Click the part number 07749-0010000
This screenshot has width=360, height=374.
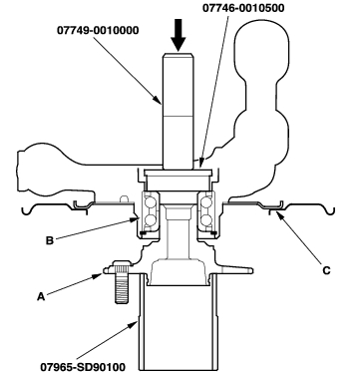click(98, 31)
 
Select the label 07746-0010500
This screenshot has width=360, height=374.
click(243, 8)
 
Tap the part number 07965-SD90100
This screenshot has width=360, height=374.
click(83, 367)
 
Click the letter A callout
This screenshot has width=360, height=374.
click(41, 296)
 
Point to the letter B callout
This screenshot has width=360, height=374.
click(50, 240)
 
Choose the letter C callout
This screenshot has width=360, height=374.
click(327, 270)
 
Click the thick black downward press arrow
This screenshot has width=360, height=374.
click(179, 35)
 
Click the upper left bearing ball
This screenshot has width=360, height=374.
click(150, 201)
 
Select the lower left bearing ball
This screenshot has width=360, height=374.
click(150, 219)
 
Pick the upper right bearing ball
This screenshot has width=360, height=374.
click(206, 201)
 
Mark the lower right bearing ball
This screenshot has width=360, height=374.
click(206, 219)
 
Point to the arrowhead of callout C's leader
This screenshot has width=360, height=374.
click(277, 213)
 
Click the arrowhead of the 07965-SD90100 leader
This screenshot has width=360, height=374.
click(136, 323)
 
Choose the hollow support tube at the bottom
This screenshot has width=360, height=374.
click(179, 322)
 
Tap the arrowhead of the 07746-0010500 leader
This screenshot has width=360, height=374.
click(200, 164)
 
